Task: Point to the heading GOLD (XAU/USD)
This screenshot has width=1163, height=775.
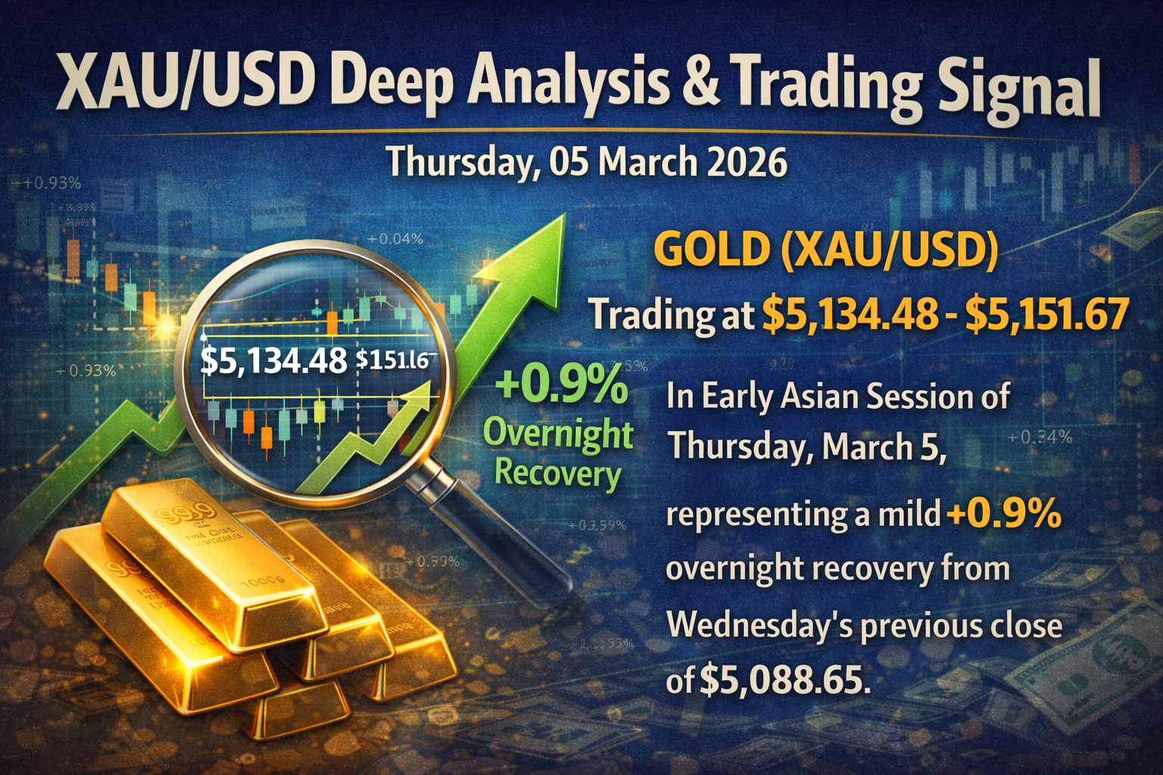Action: click(825, 251)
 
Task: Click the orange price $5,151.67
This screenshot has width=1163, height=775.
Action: click(1048, 314)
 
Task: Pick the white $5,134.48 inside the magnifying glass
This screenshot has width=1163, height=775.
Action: click(273, 360)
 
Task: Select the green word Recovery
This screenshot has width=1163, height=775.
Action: click(557, 474)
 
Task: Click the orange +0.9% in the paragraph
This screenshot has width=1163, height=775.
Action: click(1004, 515)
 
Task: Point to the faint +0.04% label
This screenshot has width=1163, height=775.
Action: click(394, 239)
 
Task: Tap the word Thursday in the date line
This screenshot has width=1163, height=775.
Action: click(460, 162)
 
